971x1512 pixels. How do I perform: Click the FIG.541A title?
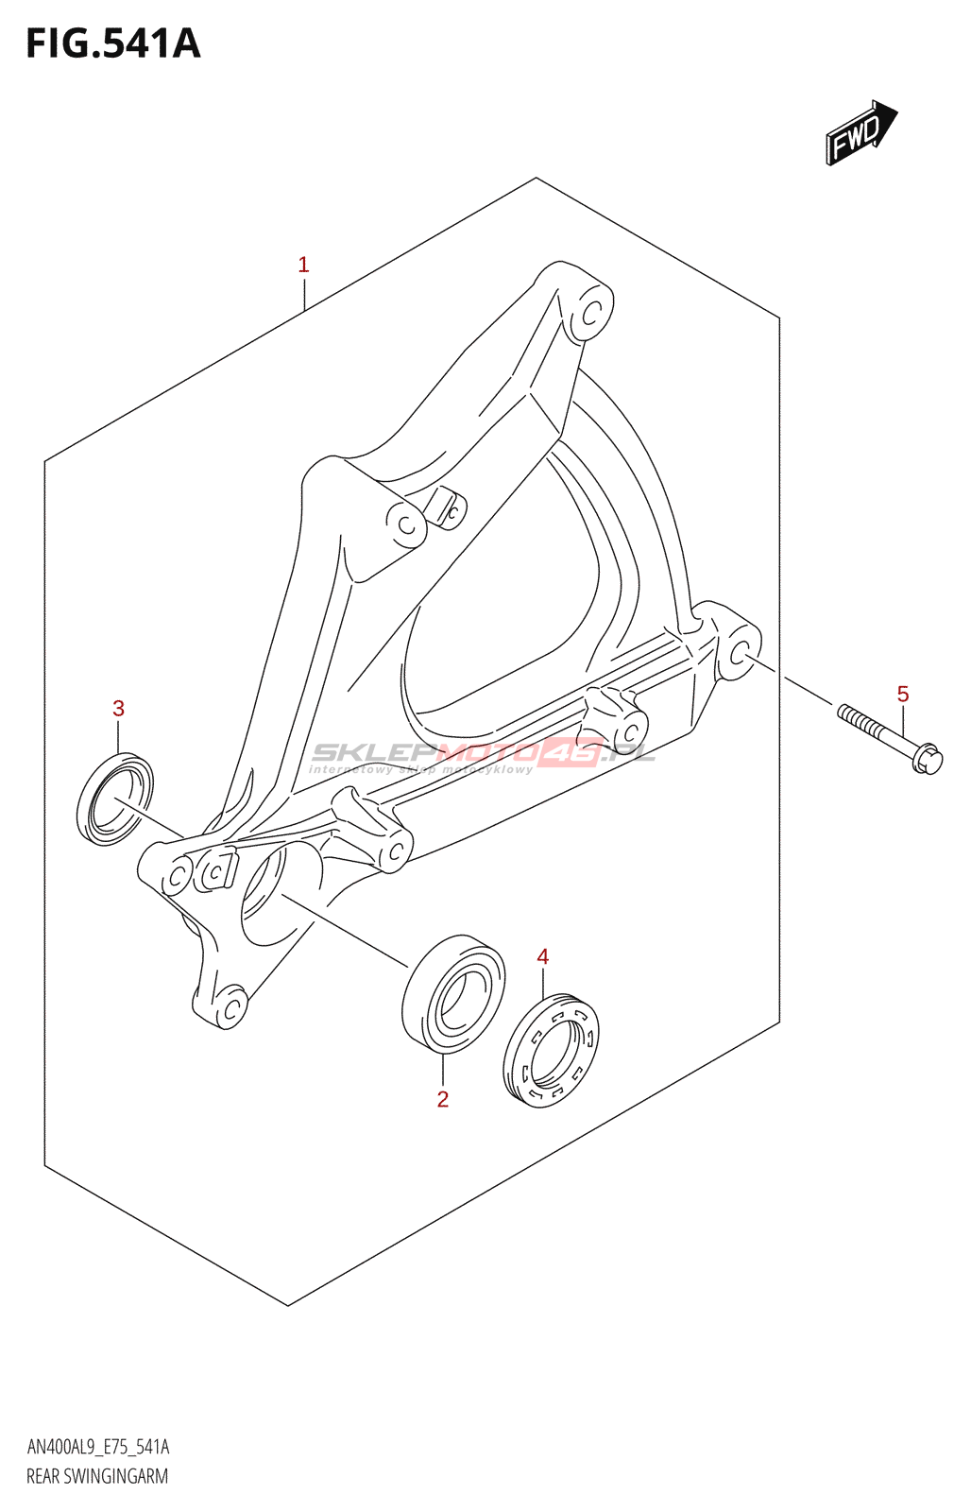tap(113, 43)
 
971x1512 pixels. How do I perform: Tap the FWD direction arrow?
tap(860, 133)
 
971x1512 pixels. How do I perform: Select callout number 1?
tap(303, 265)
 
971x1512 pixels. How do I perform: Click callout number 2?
tap(442, 1099)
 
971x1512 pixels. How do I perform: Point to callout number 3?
tap(118, 709)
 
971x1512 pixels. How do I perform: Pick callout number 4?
tap(543, 957)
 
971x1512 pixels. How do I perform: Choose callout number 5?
tap(903, 695)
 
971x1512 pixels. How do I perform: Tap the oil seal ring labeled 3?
tap(115, 799)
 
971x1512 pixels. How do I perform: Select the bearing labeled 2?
tap(452, 993)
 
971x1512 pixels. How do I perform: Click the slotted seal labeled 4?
tap(552, 1049)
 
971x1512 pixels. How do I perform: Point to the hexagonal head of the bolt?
tap(928, 759)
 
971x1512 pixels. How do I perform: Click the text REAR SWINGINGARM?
tap(97, 1476)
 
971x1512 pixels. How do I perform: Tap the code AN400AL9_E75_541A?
tap(98, 1447)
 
